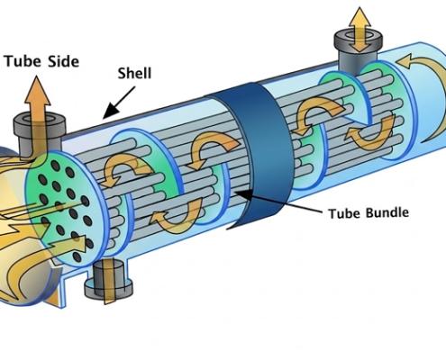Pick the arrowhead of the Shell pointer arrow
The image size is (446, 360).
click(x=105, y=116)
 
